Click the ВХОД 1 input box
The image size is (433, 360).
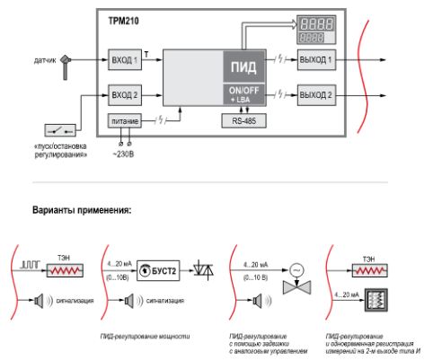click(124, 61)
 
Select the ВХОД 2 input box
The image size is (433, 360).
click(124, 93)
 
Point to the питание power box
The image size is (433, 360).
click(124, 119)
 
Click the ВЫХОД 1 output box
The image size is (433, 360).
click(316, 61)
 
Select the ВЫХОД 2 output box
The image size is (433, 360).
click(316, 93)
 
